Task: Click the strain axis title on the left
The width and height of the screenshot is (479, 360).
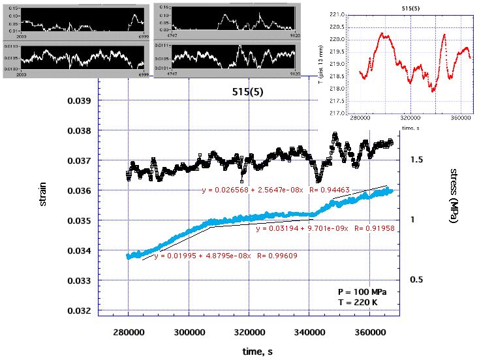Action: click(x=43, y=194)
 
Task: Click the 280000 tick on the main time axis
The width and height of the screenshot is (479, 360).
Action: click(x=129, y=332)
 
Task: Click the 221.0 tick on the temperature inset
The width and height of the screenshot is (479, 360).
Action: click(x=337, y=14)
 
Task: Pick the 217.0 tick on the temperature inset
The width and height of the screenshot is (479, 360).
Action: click(x=337, y=113)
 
